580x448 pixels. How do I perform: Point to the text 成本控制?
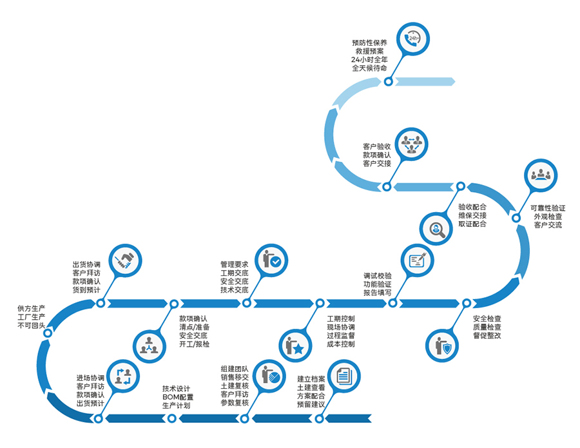[x=340, y=344]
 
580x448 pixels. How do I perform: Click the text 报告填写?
[x=377, y=292]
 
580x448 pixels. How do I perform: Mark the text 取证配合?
[x=472, y=224]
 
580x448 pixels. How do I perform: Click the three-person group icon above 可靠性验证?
[x=541, y=175]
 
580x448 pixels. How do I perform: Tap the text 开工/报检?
[x=194, y=344]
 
